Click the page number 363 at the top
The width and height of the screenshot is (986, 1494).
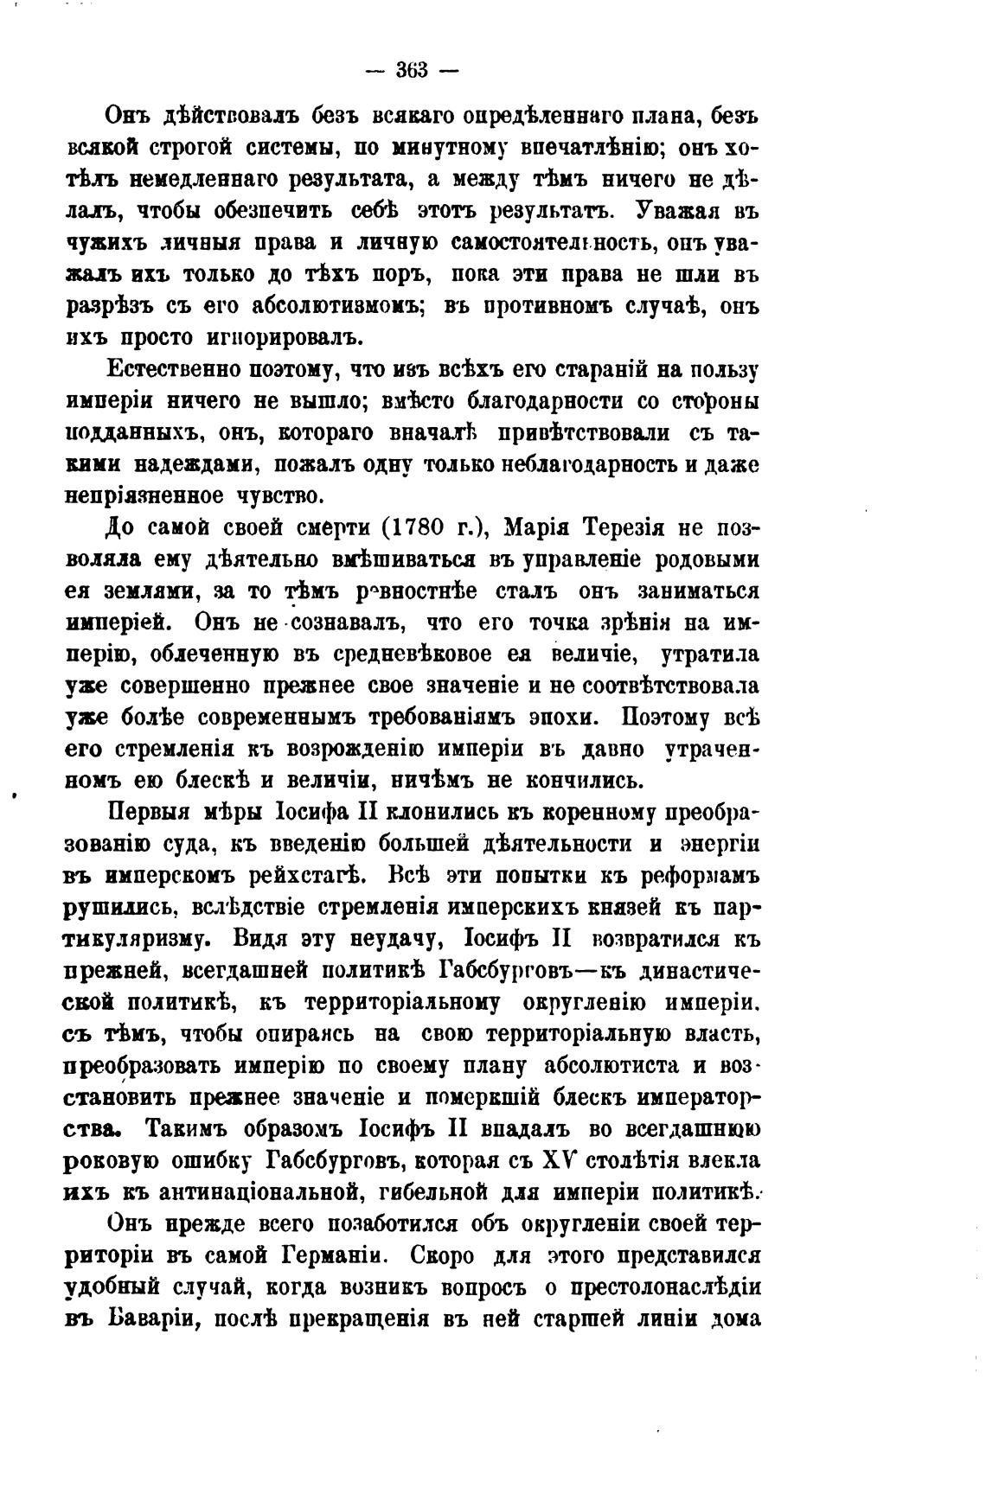coord(413,71)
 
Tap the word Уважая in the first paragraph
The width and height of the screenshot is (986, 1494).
coord(682,212)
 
